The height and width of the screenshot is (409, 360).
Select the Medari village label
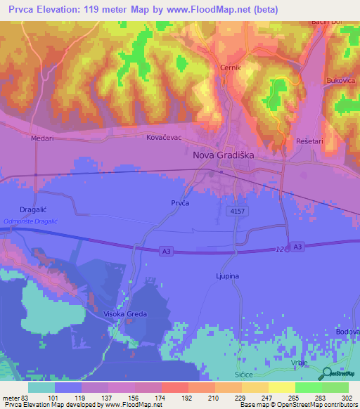(x=41, y=138)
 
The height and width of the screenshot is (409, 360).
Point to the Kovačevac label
(x=164, y=138)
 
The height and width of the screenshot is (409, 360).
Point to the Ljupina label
(x=227, y=276)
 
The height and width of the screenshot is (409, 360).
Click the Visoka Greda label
(x=125, y=313)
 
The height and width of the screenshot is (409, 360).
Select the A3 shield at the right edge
(x=298, y=246)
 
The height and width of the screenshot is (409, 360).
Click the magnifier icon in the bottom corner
(x=328, y=374)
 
